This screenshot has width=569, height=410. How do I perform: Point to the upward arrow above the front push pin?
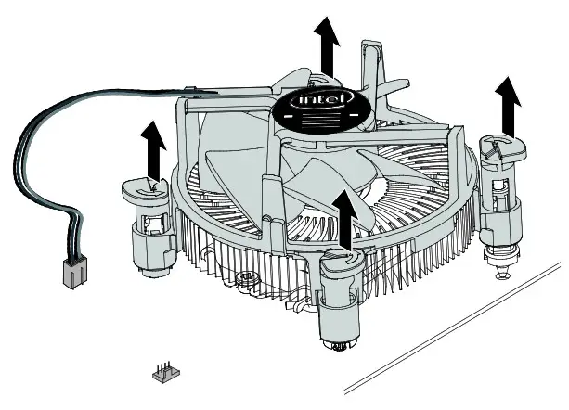tap(347, 218)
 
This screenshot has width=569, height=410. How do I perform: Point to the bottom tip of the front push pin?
tap(341, 349)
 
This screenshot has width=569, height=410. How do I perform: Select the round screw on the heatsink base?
tap(247, 276)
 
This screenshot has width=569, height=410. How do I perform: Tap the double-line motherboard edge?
tap(455, 334)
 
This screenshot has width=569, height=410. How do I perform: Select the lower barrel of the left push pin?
tap(152, 250)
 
